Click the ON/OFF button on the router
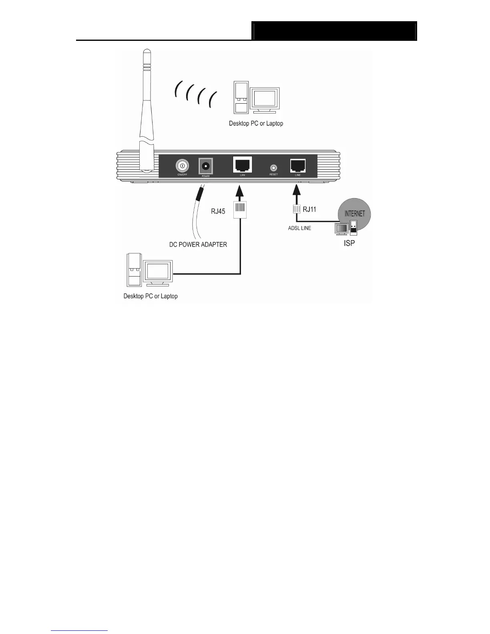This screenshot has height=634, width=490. [x=182, y=165]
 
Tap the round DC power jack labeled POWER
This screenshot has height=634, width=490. [x=206, y=165]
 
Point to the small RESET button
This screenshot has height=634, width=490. [x=273, y=168]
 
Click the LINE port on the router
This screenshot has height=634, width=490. [x=297, y=165]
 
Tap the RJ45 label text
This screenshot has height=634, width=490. [x=218, y=211]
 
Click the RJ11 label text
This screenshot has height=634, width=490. [x=309, y=209]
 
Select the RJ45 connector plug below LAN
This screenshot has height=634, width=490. [x=240, y=209]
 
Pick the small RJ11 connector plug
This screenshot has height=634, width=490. [x=297, y=209]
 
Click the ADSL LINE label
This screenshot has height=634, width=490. [x=299, y=228]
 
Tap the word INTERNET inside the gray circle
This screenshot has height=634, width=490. [x=355, y=213]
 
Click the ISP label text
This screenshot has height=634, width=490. [x=349, y=243]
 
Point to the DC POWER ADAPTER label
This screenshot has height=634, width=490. [x=198, y=245]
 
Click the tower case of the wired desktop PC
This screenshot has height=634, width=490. [x=134, y=271]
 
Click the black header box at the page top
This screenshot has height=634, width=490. [x=335, y=31]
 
